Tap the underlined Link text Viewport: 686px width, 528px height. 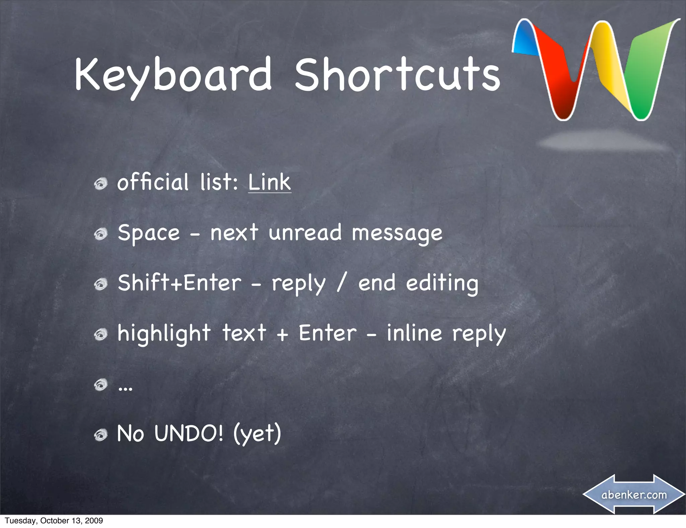point(270,183)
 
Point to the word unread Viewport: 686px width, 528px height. point(305,233)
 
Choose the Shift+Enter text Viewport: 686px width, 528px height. point(180,283)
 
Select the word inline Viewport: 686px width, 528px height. point(414,333)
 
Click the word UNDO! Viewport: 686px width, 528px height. point(189,434)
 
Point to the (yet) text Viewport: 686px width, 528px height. point(257,434)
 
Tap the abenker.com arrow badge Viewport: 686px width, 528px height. point(634,494)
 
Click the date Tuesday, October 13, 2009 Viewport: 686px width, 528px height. point(54,521)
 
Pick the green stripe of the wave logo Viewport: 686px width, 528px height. point(645,74)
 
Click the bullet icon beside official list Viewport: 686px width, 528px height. point(100,184)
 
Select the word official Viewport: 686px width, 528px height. point(153,183)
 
